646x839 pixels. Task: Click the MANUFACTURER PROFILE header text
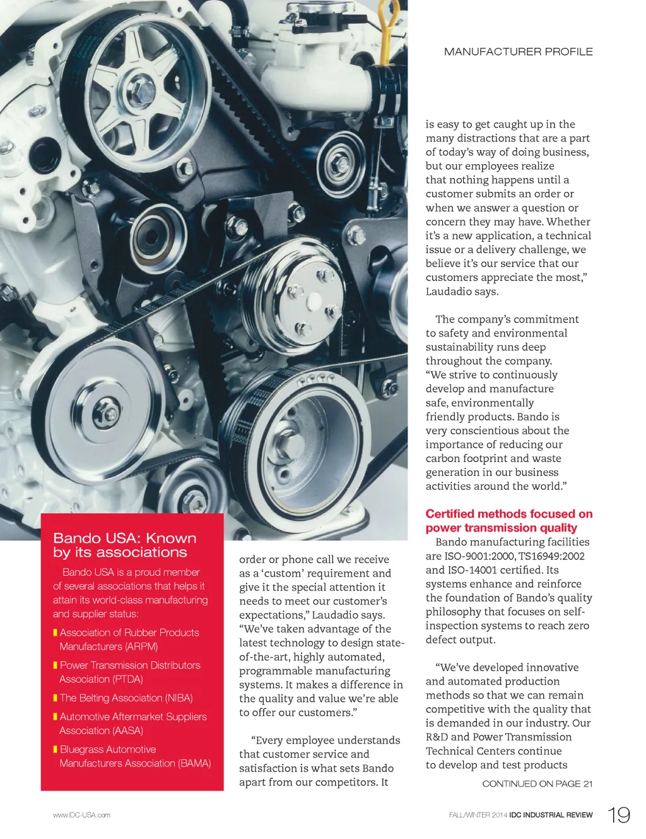[x=518, y=52]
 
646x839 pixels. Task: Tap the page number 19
[x=619, y=815]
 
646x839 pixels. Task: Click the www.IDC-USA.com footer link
[x=81, y=815]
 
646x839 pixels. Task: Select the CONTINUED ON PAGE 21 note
[x=537, y=783]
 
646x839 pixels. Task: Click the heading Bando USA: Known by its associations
[x=124, y=545]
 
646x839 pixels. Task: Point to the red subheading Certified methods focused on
[x=509, y=514]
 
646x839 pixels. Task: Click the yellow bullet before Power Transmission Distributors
[x=56, y=665]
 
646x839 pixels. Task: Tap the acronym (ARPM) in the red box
[x=141, y=646]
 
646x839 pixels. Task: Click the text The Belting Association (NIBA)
[x=126, y=698]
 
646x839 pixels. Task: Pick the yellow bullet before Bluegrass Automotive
[x=56, y=749]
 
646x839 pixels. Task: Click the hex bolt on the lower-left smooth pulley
[x=107, y=414]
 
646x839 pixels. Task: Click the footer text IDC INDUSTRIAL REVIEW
[x=551, y=815]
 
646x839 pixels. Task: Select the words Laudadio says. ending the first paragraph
[x=462, y=292]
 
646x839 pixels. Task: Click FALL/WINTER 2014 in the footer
[x=478, y=815]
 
